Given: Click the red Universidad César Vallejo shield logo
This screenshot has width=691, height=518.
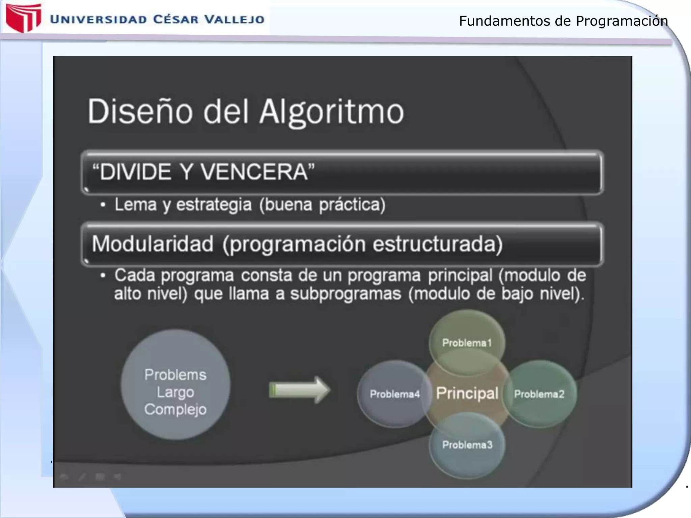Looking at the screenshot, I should pyautogui.click(x=23, y=18).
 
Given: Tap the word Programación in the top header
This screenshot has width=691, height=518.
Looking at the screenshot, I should pyautogui.click(x=621, y=21).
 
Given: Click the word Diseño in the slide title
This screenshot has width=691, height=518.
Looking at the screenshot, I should pyautogui.click(x=140, y=112).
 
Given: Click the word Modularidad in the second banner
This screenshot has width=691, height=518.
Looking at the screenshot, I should pyautogui.click(x=153, y=244).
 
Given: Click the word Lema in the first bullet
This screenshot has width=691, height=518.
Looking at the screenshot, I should pyautogui.click(x=135, y=205).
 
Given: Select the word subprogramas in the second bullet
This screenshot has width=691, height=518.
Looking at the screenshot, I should pyautogui.click(x=345, y=294).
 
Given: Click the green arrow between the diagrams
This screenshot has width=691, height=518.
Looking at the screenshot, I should pyautogui.click(x=299, y=390).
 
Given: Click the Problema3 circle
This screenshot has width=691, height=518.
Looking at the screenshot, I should pyautogui.click(x=467, y=445).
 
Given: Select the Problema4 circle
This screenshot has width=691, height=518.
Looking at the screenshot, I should pyautogui.click(x=394, y=394).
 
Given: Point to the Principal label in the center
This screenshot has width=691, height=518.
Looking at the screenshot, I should pyautogui.click(x=467, y=393).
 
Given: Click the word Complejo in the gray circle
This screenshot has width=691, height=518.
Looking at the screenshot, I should pyautogui.click(x=175, y=409).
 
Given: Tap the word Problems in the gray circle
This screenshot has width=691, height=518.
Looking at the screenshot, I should pyautogui.click(x=175, y=375).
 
